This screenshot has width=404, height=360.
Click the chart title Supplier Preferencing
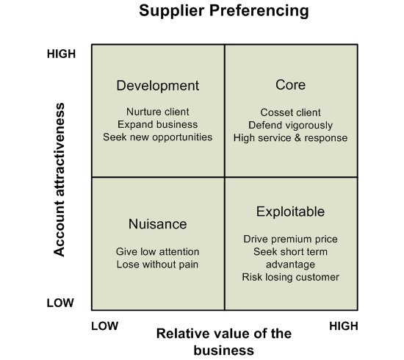click(x=224, y=11)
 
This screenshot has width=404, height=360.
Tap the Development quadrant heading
click(x=158, y=85)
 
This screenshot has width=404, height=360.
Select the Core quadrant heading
click(x=291, y=84)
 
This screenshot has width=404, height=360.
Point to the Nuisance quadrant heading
click(x=158, y=224)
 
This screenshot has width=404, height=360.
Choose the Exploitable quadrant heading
click(x=290, y=212)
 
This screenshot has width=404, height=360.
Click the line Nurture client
click(x=158, y=112)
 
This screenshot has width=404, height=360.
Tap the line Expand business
click(x=158, y=124)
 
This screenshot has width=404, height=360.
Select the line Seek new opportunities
click(x=158, y=137)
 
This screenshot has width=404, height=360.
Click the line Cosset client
click(x=291, y=112)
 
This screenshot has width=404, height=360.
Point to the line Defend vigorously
click(x=291, y=126)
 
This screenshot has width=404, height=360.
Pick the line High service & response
click(x=291, y=138)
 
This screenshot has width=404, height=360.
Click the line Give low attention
click(x=158, y=252)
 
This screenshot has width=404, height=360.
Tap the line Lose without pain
click(x=158, y=264)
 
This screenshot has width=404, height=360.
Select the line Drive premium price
click(x=291, y=240)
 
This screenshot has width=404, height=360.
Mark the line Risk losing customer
click(x=291, y=277)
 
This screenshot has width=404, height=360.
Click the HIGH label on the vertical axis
click(x=61, y=54)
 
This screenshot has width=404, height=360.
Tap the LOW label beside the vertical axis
click(x=60, y=303)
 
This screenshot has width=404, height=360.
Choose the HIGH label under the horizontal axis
click(x=344, y=326)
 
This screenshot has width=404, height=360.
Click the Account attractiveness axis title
click(x=59, y=179)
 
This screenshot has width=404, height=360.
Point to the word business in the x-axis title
click(x=224, y=350)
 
